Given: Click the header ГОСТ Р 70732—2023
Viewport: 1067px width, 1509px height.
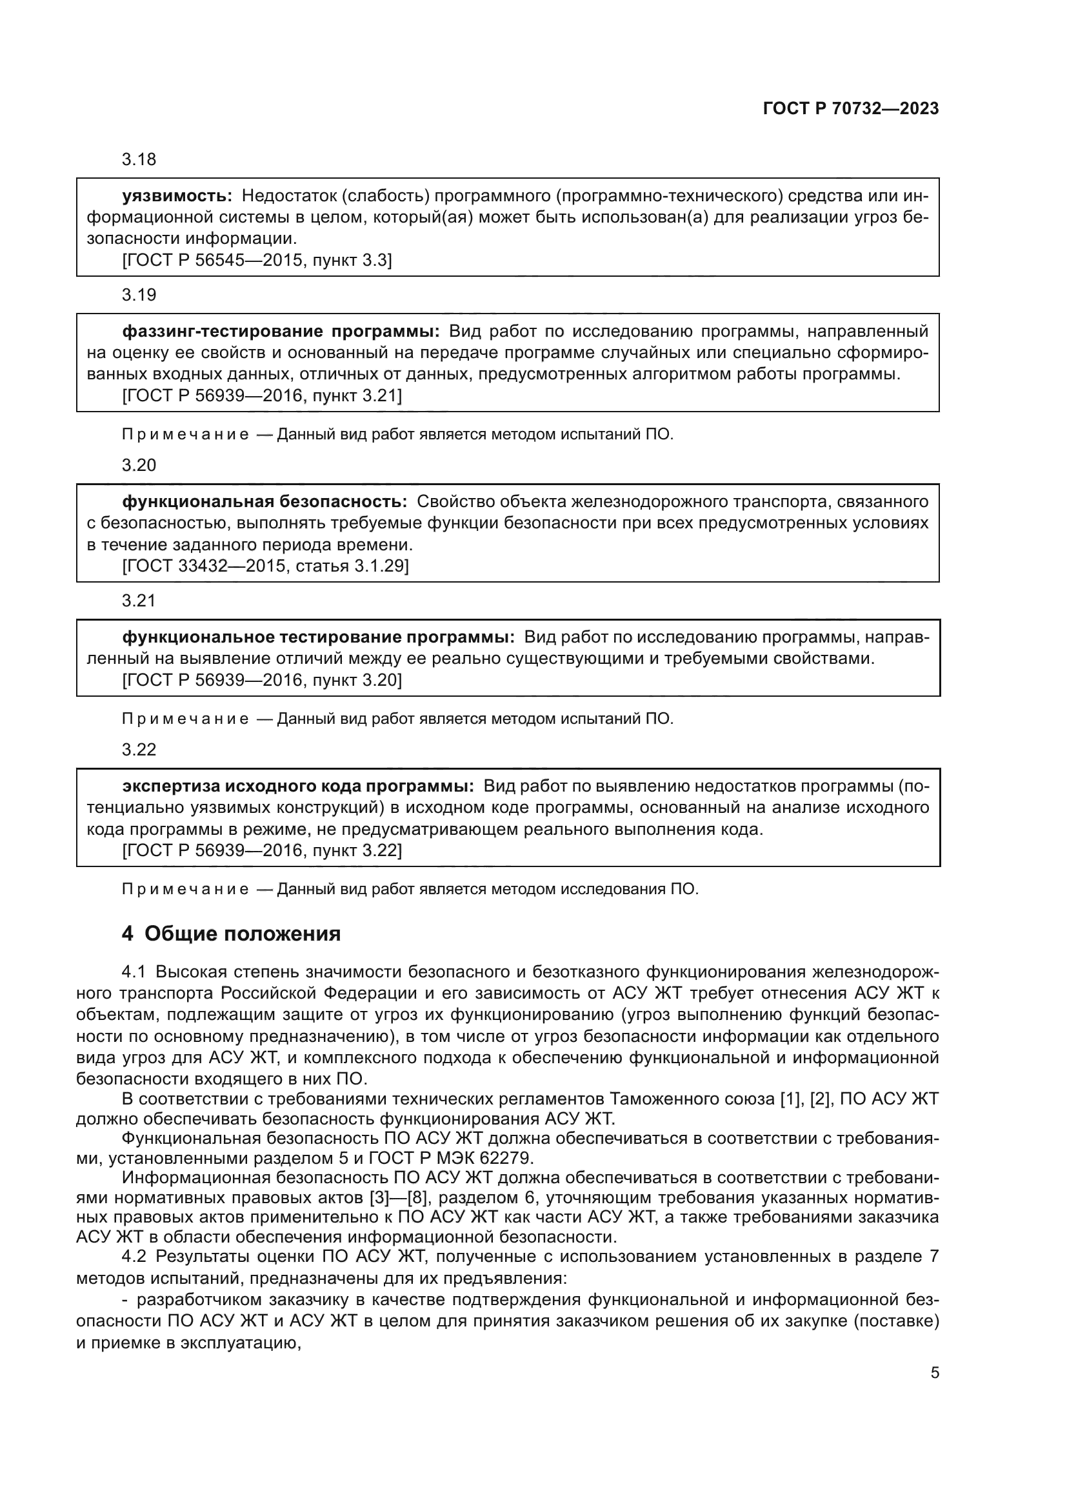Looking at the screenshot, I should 850,109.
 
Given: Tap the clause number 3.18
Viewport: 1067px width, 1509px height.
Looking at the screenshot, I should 139,160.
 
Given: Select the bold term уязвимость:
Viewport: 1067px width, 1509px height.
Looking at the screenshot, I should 177,196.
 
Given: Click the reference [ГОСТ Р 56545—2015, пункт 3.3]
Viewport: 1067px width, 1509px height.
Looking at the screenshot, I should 257,261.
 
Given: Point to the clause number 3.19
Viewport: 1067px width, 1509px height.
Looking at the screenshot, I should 139,295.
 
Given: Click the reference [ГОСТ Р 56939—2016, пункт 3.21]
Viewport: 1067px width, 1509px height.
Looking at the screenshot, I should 261,396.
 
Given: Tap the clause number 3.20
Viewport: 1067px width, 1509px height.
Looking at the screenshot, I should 139,465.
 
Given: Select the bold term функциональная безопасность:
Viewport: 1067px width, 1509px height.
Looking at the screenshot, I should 264,502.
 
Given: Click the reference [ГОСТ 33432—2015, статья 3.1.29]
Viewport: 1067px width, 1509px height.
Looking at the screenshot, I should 265,566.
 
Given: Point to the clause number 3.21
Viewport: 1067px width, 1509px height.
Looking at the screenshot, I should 139,601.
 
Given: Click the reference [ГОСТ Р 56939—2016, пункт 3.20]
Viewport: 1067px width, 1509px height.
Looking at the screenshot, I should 261,680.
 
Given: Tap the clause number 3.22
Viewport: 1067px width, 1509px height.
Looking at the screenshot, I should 139,750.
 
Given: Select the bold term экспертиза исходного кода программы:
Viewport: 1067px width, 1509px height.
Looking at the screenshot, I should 298,786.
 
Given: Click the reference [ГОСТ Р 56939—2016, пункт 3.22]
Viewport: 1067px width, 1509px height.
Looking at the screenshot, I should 261,851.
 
